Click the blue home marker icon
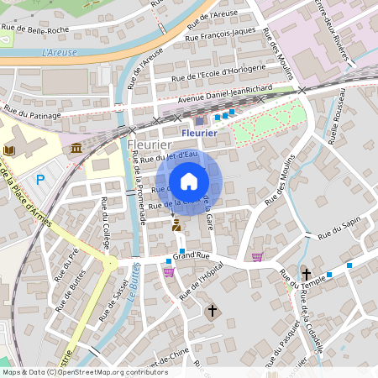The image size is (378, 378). [188, 181]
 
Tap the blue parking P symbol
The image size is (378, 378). [39, 179]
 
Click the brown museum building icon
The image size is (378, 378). [76, 149]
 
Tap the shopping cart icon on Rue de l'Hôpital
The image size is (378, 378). [169, 271]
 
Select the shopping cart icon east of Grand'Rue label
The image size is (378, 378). [257, 256]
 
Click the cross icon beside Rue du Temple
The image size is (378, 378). [307, 275]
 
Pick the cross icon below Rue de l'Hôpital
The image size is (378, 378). [212, 311]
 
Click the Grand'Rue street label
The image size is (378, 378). [190, 255]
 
